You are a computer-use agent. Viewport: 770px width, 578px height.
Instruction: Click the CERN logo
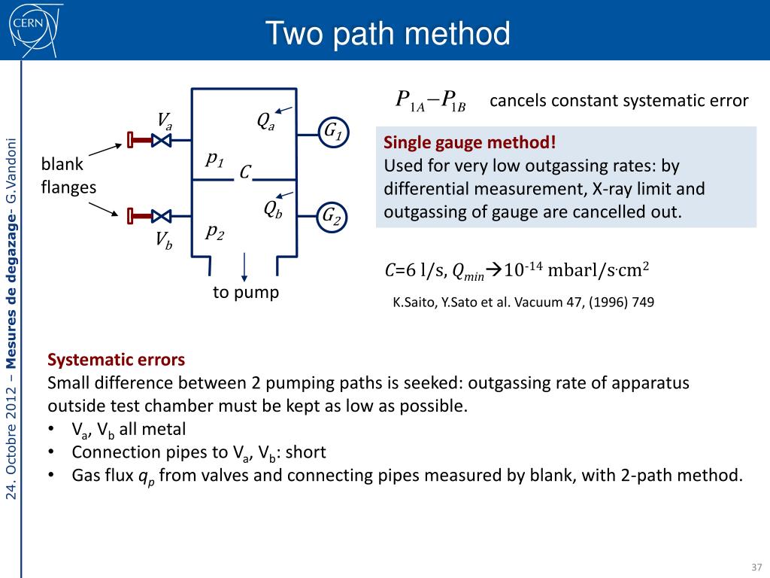click(29, 29)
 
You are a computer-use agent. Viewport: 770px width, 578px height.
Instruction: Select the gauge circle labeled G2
click(332, 217)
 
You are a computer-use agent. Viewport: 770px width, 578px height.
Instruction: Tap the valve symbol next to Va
click(160, 140)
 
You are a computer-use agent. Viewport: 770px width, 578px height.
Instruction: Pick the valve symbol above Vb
click(160, 216)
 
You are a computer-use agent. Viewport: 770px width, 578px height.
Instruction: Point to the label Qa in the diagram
click(265, 120)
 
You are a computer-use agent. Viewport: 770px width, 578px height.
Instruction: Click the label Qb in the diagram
click(273, 209)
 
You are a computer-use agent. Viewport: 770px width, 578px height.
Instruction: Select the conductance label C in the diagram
click(244, 173)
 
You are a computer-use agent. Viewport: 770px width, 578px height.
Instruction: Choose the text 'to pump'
click(246, 292)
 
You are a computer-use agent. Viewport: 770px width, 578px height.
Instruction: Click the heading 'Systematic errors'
click(116, 359)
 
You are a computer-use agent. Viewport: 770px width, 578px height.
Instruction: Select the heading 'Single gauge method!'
click(471, 142)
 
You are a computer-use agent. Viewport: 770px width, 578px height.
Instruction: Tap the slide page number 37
click(756, 567)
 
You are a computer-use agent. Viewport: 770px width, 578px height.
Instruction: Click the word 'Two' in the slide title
click(296, 34)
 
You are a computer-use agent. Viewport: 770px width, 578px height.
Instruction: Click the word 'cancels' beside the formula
click(516, 100)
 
